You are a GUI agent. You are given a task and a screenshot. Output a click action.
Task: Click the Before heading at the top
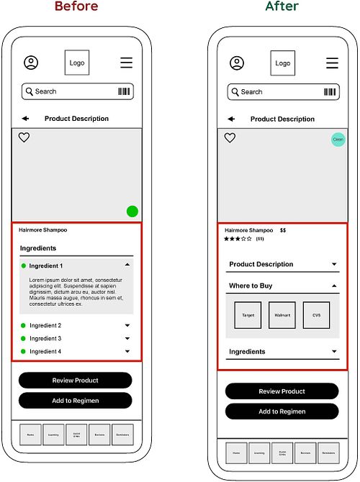pos(76,6)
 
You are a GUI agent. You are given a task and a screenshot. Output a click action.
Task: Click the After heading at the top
pos(281,6)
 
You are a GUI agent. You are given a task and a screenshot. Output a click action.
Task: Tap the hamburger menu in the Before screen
pos(127,63)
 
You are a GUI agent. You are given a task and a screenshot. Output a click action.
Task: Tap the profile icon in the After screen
pos(237,63)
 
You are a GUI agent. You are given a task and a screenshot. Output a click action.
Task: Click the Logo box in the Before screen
pos(77,63)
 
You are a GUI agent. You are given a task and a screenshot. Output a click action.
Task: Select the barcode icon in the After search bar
pos(330,92)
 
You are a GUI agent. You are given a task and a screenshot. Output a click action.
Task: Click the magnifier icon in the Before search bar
pos(29,91)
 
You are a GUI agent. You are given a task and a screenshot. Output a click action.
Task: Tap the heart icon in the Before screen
pos(24,137)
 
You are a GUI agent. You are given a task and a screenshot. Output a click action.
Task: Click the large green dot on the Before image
pos(132,211)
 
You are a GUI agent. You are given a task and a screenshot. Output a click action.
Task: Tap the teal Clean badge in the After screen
pos(338,140)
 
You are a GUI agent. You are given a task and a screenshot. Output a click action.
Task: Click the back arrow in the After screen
pos(231,119)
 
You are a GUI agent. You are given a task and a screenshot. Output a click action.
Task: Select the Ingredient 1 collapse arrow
pos(127,265)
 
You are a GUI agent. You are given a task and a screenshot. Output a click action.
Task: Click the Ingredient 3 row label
pos(45,338)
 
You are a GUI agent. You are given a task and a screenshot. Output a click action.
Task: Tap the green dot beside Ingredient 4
pos(23,351)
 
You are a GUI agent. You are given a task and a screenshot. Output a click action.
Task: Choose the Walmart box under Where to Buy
pos(282,315)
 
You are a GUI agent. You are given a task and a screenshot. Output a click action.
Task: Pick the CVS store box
pos(316,315)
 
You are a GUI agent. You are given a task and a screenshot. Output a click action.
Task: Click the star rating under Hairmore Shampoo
pos(238,239)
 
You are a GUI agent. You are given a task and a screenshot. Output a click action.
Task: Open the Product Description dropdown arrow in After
pos(334,264)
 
